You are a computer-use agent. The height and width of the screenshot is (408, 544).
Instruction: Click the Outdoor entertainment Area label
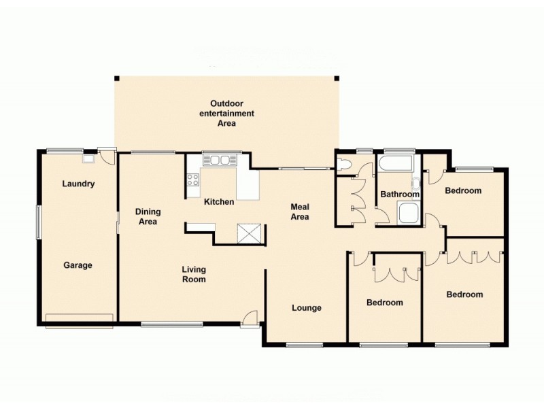(x=226, y=114)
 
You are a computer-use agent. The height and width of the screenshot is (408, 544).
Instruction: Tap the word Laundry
(x=78, y=184)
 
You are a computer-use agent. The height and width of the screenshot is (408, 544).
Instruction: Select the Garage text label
(x=78, y=265)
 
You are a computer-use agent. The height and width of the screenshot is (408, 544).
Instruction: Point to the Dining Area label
(x=147, y=216)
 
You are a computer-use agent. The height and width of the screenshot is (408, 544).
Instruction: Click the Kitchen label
(x=219, y=202)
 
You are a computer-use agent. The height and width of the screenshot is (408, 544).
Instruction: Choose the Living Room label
(x=194, y=275)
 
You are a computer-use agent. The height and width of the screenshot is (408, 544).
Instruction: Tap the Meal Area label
(x=300, y=211)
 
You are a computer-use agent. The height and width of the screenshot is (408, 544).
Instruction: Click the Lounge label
(x=307, y=308)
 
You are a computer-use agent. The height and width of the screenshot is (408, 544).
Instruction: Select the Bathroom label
(x=399, y=194)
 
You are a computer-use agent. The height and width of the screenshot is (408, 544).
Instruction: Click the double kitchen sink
(x=219, y=160)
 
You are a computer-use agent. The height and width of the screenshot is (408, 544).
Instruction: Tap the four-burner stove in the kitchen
(x=192, y=180)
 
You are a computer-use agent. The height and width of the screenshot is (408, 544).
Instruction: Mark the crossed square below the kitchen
(x=248, y=233)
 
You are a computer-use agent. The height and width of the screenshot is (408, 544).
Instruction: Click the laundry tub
(x=88, y=159)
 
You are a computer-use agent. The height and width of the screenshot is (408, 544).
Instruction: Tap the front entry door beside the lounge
(x=250, y=318)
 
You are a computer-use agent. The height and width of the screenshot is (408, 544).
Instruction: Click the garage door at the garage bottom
(x=79, y=321)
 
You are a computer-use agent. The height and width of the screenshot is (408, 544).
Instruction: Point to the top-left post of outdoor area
(x=116, y=78)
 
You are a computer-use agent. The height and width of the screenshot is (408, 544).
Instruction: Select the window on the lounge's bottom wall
(x=305, y=345)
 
